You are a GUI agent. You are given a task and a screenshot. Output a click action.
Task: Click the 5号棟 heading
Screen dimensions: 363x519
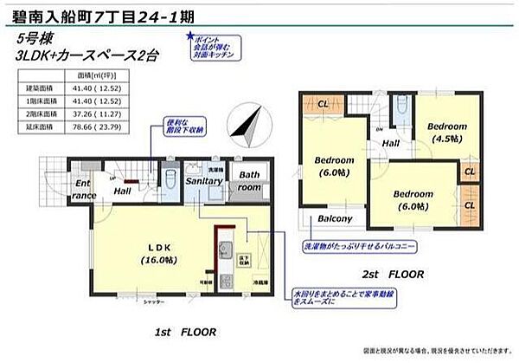[x=32, y=39]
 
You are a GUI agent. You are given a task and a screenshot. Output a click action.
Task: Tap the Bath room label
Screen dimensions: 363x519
[x=249, y=181]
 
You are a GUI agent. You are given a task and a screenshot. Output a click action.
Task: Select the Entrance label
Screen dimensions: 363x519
[x=83, y=190]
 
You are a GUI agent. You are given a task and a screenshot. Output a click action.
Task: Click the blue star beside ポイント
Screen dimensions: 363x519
[x=189, y=37]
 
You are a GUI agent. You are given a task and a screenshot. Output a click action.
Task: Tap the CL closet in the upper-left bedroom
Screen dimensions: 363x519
[x=321, y=105]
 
